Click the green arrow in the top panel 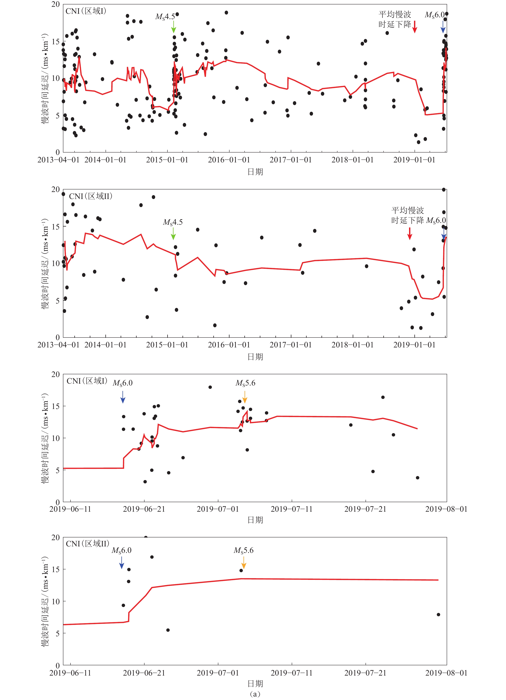coord(174,27)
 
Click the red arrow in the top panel coord(415,27)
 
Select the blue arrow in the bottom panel coord(122,562)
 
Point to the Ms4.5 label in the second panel coord(173,222)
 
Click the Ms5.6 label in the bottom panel coord(244,550)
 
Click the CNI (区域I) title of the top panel coord(86,11)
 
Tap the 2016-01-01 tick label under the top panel coord(229,160)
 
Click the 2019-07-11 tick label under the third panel coord(291,509)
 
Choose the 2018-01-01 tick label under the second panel coord(353,345)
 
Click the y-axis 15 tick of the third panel coord(56,406)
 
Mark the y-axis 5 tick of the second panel coord(58,301)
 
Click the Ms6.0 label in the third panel coord(123,383)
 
